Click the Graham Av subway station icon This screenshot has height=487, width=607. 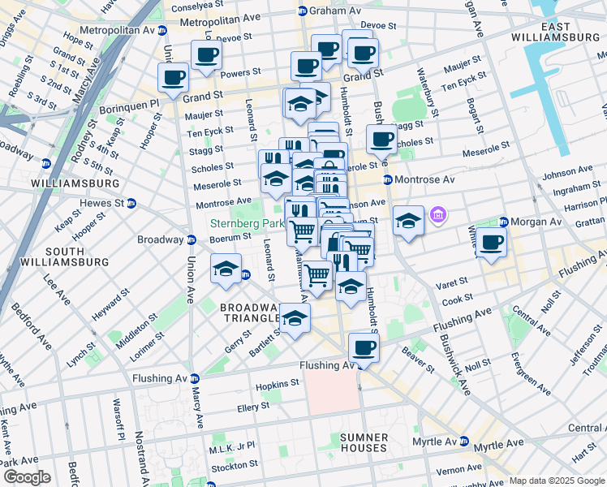(x=303, y=11)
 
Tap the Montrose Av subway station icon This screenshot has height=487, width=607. (x=388, y=179)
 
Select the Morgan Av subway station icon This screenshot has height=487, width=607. (x=503, y=222)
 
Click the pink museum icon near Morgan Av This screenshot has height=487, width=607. (x=439, y=215)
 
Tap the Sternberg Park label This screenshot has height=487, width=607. (x=246, y=222)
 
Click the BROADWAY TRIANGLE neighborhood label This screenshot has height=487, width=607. (x=250, y=313)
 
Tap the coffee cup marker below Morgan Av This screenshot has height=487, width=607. (x=491, y=242)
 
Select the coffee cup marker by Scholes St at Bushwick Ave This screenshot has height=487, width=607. (x=381, y=138)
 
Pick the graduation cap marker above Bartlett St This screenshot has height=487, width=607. (x=295, y=318)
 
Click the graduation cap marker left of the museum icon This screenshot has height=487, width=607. (x=408, y=220)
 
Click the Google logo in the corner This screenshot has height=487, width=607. (x=27, y=477)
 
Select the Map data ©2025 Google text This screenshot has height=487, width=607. (x=556, y=481)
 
